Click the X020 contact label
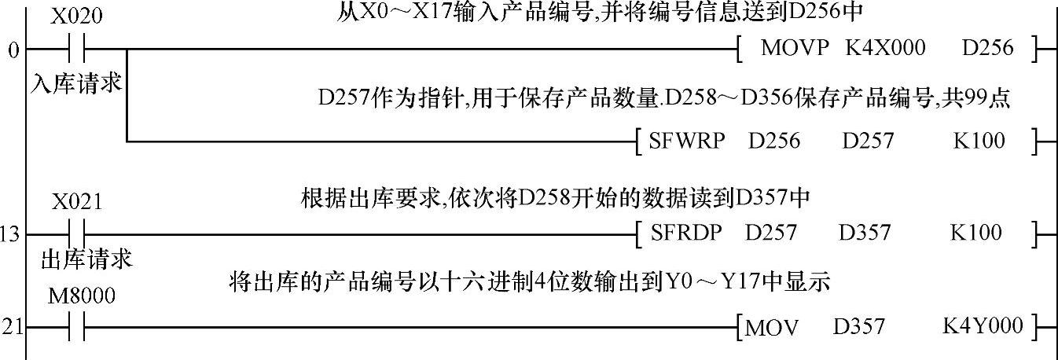76,17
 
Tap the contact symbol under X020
76,50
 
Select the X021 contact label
76,202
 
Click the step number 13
11,233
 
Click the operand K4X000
885,48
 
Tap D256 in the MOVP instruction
987,48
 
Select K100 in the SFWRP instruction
979,141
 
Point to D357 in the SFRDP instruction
865,233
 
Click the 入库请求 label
76,83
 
